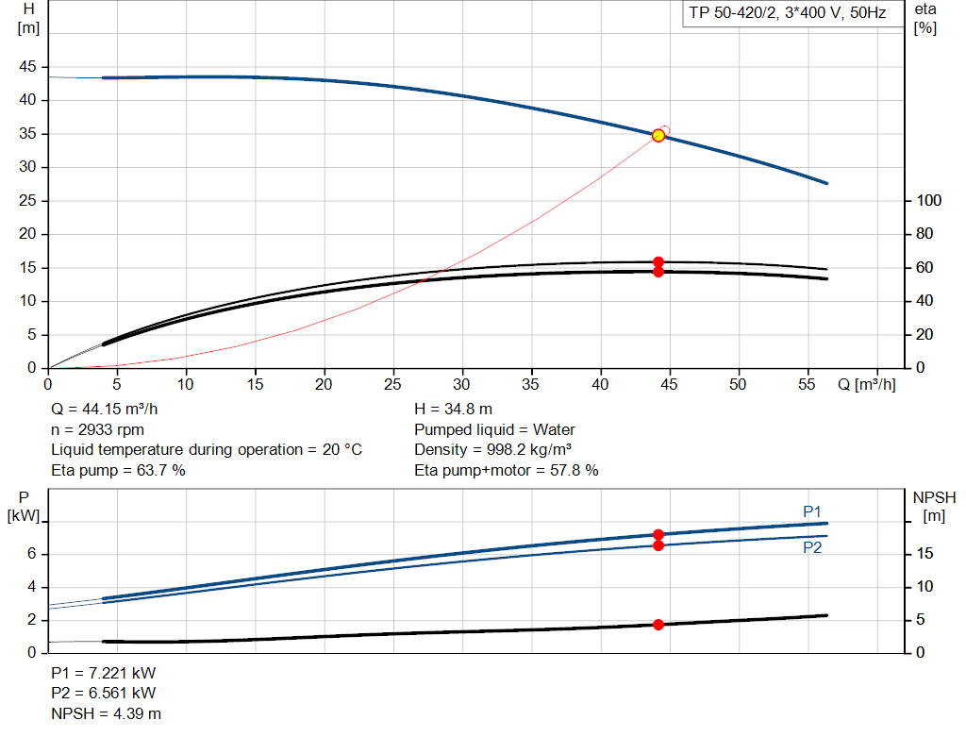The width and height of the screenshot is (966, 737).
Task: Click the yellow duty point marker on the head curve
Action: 658,135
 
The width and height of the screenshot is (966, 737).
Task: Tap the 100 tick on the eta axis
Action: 928,200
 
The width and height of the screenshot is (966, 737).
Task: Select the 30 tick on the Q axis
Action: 462,384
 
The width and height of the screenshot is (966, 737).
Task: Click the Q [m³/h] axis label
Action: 866,384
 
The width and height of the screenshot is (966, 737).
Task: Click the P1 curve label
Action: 812,511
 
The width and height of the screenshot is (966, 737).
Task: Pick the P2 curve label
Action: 812,547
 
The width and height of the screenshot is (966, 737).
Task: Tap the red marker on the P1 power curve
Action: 658,535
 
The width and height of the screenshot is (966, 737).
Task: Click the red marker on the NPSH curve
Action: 658,624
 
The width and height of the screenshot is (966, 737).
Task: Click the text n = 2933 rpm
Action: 99,429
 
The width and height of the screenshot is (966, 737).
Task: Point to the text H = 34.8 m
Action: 454,410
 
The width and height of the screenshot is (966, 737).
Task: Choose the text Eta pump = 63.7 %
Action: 118,469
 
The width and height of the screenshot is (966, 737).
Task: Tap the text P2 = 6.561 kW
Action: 104,694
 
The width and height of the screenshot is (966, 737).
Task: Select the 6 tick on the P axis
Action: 31,554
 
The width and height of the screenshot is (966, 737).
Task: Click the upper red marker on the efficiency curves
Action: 658,262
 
